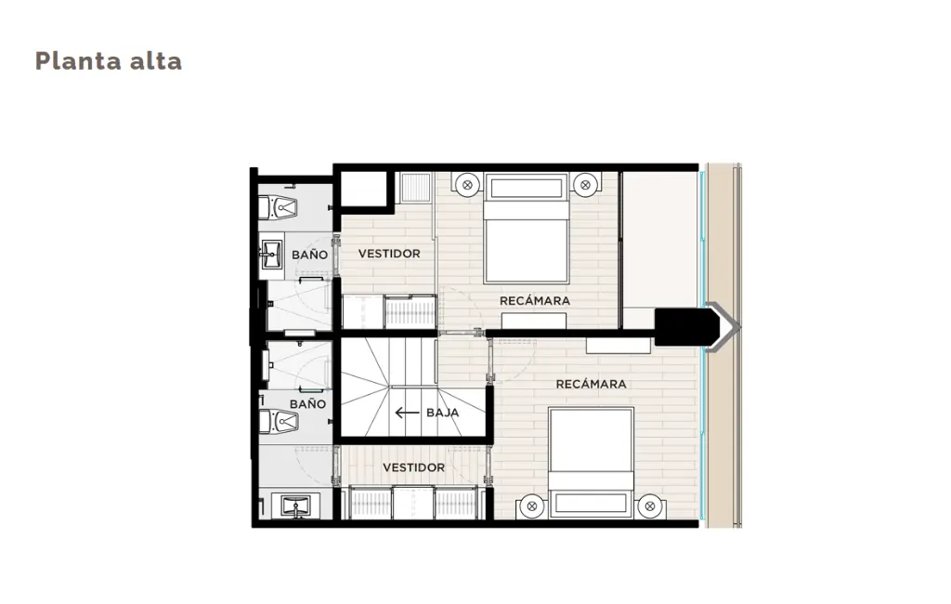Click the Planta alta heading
[x=109, y=60]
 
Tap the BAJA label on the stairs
[x=443, y=413]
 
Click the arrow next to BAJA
[x=407, y=413]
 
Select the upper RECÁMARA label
[x=535, y=300]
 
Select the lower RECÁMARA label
[x=592, y=384]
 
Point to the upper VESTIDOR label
[x=389, y=254]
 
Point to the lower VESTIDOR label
[x=413, y=467]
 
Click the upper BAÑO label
[x=309, y=255]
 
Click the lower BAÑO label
[x=307, y=403]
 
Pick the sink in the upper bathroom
[x=272, y=255]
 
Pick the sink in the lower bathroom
[x=295, y=506]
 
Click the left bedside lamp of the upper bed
[x=467, y=185]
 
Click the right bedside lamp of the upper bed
[x=585, y=185]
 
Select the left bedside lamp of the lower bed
[x=532, y=506]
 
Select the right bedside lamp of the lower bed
[x=649, y=506]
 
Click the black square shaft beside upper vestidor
[x=364, y=190]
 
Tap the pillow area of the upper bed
[x=527, y=189]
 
